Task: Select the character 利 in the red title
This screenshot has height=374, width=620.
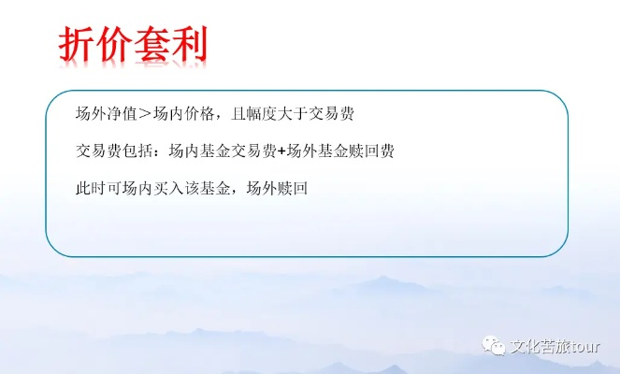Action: point(189,44)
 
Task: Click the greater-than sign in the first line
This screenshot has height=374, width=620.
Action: point(145,114)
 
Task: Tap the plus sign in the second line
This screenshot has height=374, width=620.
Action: point(281,151)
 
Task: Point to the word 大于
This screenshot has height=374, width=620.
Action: point(292,114)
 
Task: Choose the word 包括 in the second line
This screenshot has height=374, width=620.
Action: point(137,151)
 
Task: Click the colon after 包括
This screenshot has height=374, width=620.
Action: point(157,151)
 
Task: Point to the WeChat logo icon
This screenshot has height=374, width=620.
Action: point(493,345)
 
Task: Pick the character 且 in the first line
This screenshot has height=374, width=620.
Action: point(238,114)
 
